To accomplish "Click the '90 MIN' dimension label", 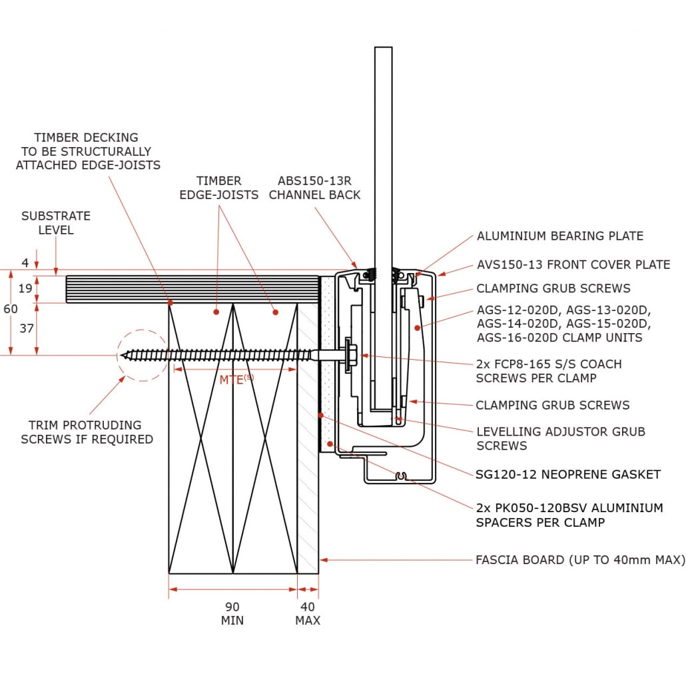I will coord(232,613).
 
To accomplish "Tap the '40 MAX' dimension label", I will coord(308,613).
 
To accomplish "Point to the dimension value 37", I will coord(25,329).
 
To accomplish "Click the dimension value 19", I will coord(25,288).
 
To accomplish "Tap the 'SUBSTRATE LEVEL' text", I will coord(56,223).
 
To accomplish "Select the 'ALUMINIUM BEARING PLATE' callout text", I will coord(559,236).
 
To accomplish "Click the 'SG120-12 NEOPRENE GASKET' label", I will coord(567,474).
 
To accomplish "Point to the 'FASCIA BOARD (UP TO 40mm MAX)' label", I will coord(579,559).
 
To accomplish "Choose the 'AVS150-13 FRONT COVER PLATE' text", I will coord(573,264).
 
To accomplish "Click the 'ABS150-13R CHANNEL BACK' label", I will coord(314,188).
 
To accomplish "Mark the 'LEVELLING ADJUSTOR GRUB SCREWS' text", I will coord(560,438).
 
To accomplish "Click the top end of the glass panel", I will coord(383,51).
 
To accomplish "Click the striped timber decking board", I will coord(193,290).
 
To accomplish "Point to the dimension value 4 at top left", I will coord(25,263).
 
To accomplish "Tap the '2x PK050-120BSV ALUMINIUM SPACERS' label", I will coord(569,515).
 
